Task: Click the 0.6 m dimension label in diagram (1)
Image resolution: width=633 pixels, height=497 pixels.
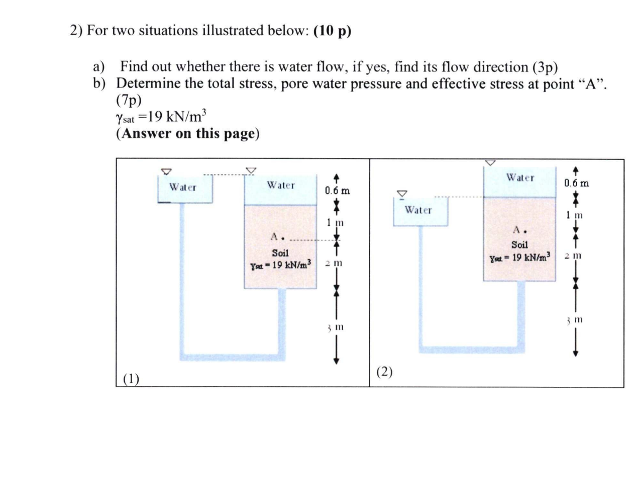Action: pos(337,191)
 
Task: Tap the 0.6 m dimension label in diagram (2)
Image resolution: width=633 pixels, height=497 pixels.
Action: pos(576,183)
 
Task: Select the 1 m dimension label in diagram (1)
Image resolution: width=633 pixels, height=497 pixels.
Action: pos(335,222)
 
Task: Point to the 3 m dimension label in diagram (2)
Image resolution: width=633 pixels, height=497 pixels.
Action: pos(574,319)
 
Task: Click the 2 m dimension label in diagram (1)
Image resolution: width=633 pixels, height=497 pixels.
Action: pos(334,263)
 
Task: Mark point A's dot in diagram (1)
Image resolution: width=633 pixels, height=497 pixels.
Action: pos(282,239)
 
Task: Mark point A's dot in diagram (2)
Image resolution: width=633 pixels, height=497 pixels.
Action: pos(525,232)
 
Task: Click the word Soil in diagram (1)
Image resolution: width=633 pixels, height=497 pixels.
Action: pos(280,253)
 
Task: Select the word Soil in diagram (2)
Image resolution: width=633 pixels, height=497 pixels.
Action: pos(519,244)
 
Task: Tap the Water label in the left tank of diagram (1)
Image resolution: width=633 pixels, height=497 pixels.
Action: pos(183,187)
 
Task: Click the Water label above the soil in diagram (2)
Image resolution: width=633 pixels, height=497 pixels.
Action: pos(520,178)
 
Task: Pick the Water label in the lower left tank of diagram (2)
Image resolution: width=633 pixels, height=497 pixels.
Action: pos(418,210)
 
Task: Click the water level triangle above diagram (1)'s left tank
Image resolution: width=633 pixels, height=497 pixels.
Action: pos(166,171)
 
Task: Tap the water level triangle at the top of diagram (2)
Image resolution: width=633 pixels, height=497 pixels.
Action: pos(490,163)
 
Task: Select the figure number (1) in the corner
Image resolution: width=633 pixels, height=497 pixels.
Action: pos(131,379)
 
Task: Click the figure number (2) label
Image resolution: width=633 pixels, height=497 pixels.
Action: pos(384,372)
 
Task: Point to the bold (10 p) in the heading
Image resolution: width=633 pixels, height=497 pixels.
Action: pos(333,31)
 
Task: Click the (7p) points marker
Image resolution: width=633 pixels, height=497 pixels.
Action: pos(129,100)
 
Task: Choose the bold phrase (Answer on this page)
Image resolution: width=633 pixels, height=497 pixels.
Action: pos(187,134)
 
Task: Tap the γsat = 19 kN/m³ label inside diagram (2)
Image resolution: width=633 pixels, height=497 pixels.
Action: pos(520,257)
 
